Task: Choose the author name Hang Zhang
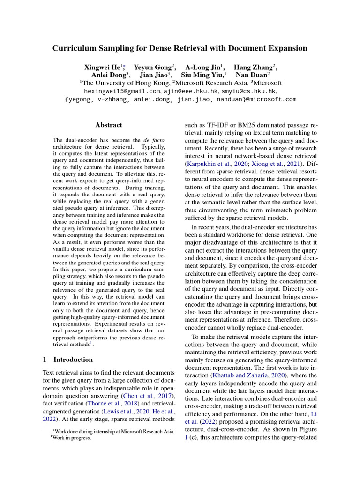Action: point(253,67)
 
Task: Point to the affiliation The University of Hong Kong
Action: point(124,83)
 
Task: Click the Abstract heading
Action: point(109,125)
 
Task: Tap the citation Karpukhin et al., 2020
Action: point(214,164)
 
